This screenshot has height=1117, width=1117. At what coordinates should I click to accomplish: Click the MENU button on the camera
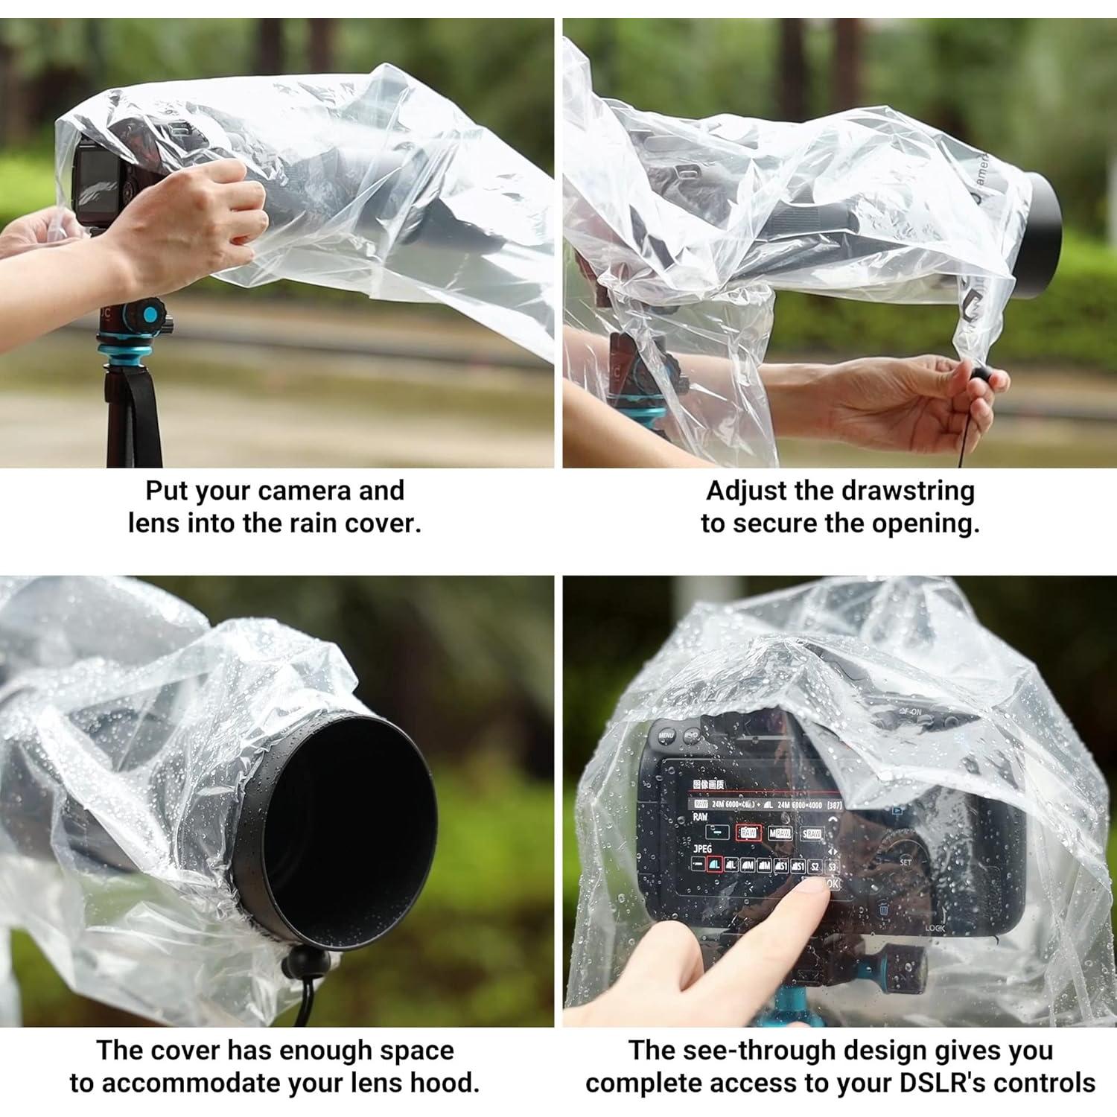coord(666,736)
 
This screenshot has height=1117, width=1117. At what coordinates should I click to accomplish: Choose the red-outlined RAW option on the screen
coord(748,833)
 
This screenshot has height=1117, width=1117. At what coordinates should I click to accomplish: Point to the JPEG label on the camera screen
coord(702,848)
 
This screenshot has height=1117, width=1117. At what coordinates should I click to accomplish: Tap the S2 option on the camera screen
coord(815,866)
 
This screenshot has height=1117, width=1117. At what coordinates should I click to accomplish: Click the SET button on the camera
coord(906,862)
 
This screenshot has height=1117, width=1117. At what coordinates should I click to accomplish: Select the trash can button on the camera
coord(883,908)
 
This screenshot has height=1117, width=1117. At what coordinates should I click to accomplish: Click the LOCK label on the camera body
coord(935,928)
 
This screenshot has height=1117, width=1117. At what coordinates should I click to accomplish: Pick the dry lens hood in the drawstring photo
coord(1043,235)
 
